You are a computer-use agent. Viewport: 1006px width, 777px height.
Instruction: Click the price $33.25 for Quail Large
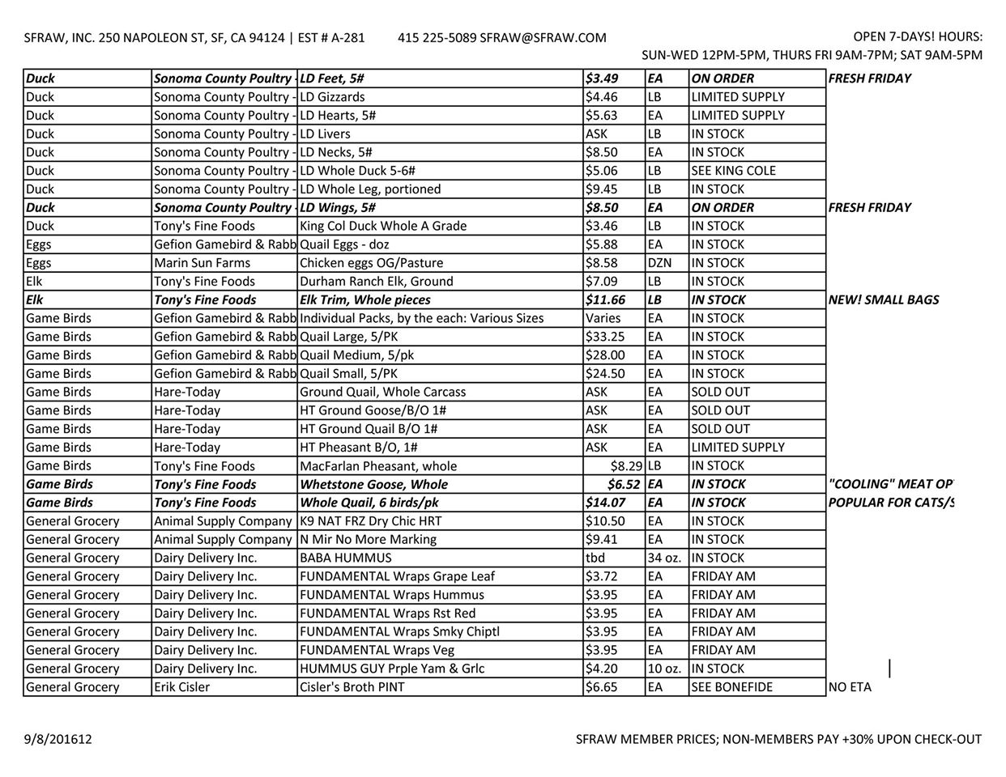[x=605, y=337]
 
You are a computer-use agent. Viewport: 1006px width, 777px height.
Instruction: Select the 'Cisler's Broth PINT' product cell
[x=352, y=687]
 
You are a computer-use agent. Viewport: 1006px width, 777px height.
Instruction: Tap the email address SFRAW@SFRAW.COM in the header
[x=543, y=37]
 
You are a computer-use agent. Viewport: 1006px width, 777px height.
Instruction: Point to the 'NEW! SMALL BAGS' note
[x=884, y=299]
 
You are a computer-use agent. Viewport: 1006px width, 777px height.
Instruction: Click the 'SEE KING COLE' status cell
[x=733, y=171]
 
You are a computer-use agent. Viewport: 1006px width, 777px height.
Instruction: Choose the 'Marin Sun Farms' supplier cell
[x=202, y=263]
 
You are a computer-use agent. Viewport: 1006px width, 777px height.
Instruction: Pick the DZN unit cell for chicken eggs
[x=660, y=263]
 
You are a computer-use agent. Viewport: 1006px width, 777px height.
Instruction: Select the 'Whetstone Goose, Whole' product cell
[x=373, y=484]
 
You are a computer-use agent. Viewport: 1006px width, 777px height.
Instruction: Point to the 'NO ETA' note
[x=850, y=687]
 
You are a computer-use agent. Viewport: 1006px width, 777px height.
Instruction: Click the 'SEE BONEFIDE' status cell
[x=732, y=687]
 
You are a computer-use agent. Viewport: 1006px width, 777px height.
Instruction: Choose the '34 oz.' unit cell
[x=664, y=558]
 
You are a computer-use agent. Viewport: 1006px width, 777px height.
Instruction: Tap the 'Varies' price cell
[x=603, y=318]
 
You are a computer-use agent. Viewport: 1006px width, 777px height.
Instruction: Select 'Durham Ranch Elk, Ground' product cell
[x=377, y=282]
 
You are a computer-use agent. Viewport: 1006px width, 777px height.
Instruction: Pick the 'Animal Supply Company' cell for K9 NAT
[x=223, y=521]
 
